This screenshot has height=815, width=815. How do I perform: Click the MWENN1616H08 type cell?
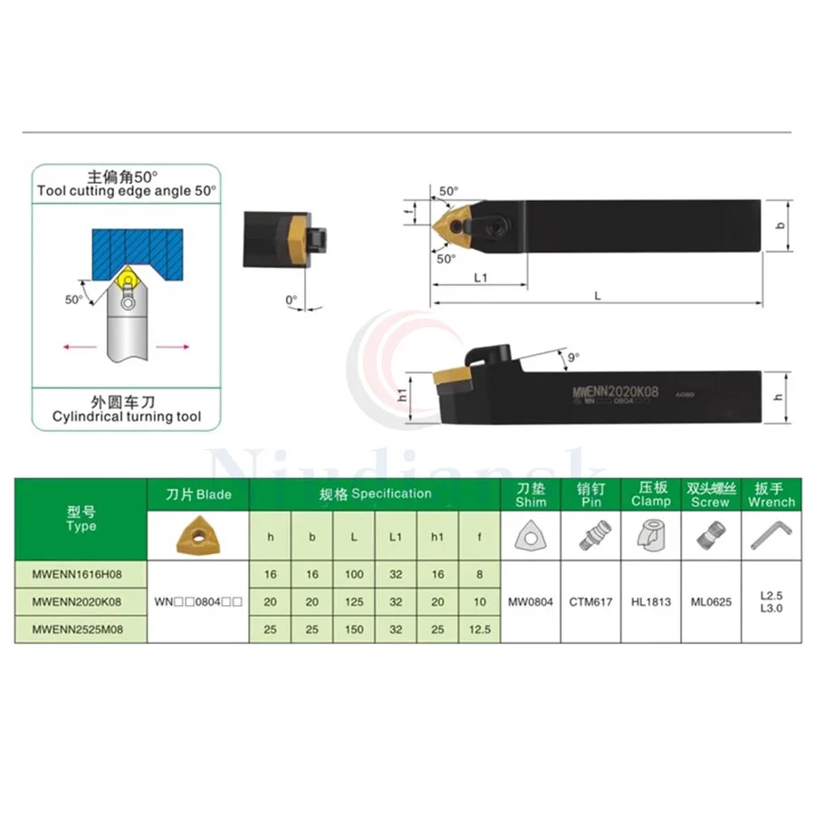pyautogui.click(x=81, y=574)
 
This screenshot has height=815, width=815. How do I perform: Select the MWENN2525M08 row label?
pyautogui.click(x=81, y=628)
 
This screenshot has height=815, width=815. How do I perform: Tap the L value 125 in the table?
pyautogui.click(x=354, y=601)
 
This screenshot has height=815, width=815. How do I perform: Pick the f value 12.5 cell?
pyautogui.click(x=479, y=628)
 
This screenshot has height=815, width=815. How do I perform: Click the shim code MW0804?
pyautogui.click(x=530, y=601)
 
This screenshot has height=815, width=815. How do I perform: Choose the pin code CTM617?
pyautogui.click(x=590, y=601)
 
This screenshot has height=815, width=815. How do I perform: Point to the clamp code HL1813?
pyautogui.click(x=651, y=601)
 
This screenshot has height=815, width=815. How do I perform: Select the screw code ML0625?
pyautogui.click(x=711, y=601)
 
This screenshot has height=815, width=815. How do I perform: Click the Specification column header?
pyautogui.click(x=375, y=494)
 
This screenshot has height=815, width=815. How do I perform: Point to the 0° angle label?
pyautogui.click(x=291, y=300)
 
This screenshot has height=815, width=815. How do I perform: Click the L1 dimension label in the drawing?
pyautogui.click(x=480, y=278)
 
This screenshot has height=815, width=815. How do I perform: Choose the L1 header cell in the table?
pyautogui.click(x=396, y=537)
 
